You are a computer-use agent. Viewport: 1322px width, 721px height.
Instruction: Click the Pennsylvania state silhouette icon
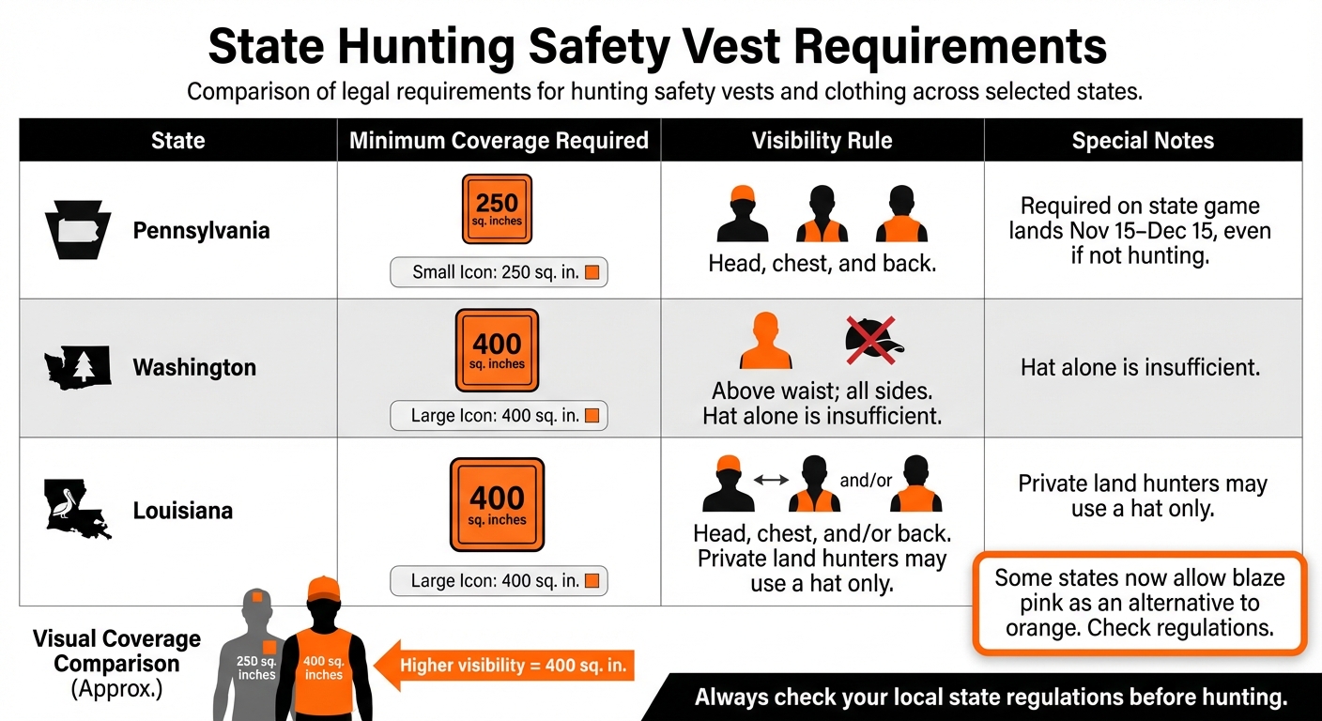(x=78, y=230)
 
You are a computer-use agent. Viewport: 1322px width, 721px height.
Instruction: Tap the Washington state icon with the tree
(x=78, y=367)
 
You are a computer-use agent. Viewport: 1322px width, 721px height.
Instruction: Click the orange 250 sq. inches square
(x=497, y=209)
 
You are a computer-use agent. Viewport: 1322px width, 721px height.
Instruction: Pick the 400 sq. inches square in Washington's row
(x=497, y=350)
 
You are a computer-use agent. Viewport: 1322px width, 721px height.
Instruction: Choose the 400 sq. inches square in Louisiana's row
(x=497, y=504)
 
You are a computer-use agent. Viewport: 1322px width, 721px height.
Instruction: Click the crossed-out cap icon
(x=872, y=340)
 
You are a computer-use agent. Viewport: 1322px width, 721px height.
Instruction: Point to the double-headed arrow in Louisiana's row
(x=771, y=480)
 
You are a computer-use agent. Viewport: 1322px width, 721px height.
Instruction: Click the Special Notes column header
(x=1143, y=141)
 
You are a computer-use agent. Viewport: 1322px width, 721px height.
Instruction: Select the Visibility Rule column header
(x=822, y=141)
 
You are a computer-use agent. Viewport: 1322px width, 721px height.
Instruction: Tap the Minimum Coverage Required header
(x=499, y=141)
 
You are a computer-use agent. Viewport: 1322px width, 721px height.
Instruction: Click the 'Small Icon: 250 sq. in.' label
(x=499, y=273)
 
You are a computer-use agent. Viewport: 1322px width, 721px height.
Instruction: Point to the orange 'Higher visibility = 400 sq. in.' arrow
(x=507, y=667)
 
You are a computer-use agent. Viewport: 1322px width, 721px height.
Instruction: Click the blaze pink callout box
(x=1139, y=602)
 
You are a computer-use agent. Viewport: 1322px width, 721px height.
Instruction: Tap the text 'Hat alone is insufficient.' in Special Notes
(x=1140, y=367)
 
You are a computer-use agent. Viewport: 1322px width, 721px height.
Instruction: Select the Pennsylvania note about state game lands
(x=1140, y=230)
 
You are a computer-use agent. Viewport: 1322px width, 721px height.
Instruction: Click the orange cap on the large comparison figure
(x=323, y=590)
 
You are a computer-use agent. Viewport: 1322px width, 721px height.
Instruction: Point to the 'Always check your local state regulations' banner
(x=990, y=698)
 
